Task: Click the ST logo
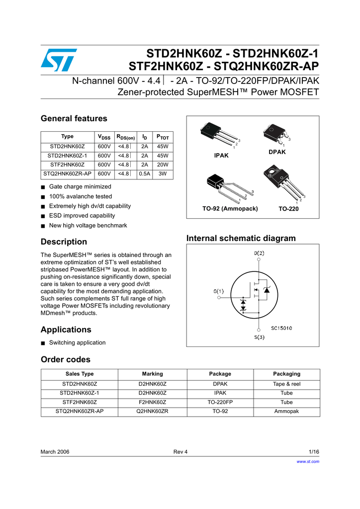59,60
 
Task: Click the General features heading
74,118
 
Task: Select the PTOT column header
163,137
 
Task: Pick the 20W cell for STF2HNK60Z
163,165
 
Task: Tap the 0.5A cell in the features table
145,174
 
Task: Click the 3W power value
163,174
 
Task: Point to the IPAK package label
221,156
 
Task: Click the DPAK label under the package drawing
277,152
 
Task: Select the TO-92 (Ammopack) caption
230,209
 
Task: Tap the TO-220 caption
289,209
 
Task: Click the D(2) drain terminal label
259,253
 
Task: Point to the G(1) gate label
219,291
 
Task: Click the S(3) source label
259,338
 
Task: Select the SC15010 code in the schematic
281,328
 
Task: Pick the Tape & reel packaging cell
286,384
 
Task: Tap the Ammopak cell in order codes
286,412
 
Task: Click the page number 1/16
314,451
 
